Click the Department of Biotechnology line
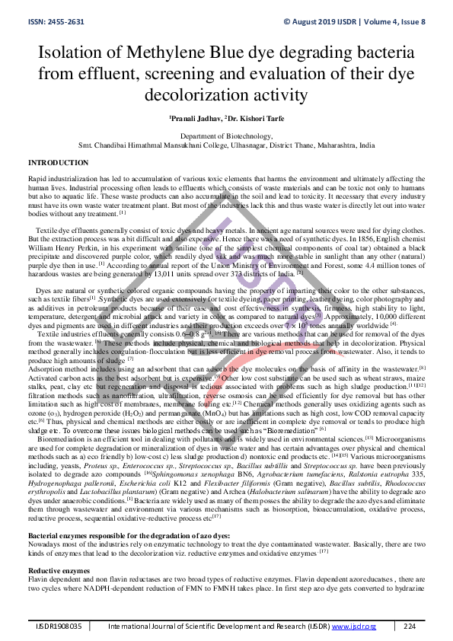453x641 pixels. pos(226,136)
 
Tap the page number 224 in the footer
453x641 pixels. pos(410,626)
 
